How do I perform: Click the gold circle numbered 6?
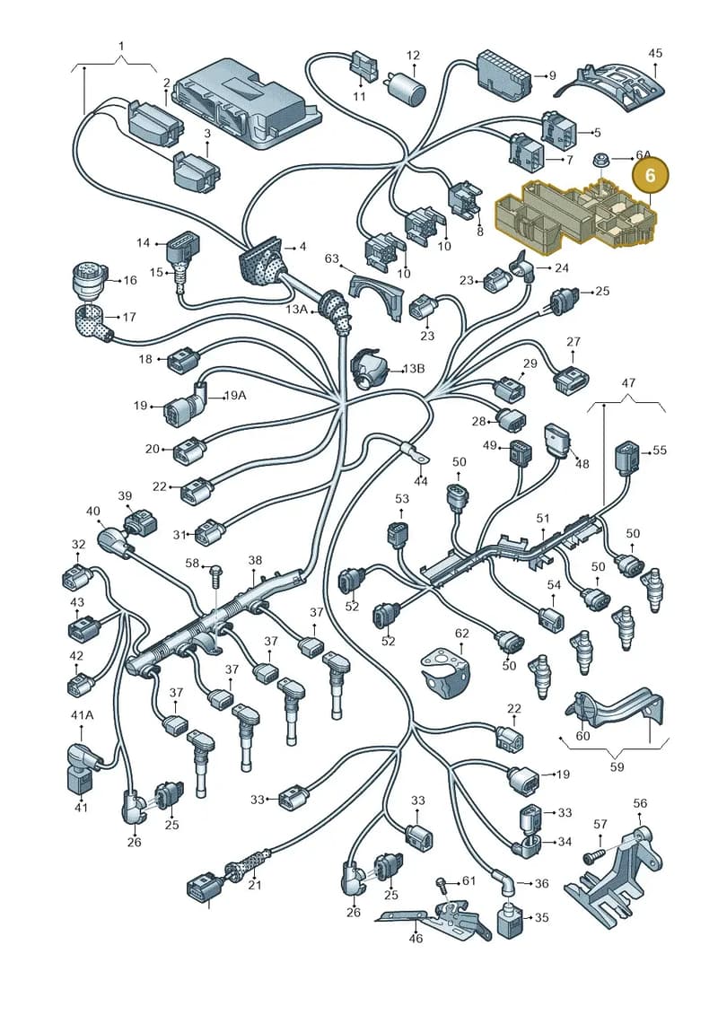pyautogui.click(x=651, y=176)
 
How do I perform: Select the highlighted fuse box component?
pyautogui.click(x=575, y=214)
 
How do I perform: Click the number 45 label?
pyautogui.click(x=655, y=52)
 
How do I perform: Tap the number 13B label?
pyautogui.click(x=413, y=369)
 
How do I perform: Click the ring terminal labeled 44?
pyautogui.click(x=414, y=452)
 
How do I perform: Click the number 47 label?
pyautogui.click(x=628, y=382)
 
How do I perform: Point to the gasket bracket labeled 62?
pyautogui.click(x=445, y=668)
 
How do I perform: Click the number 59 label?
pyautogui.click(x=617, y=766)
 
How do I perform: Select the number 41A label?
pyautogui.click(x=82, y=714)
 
